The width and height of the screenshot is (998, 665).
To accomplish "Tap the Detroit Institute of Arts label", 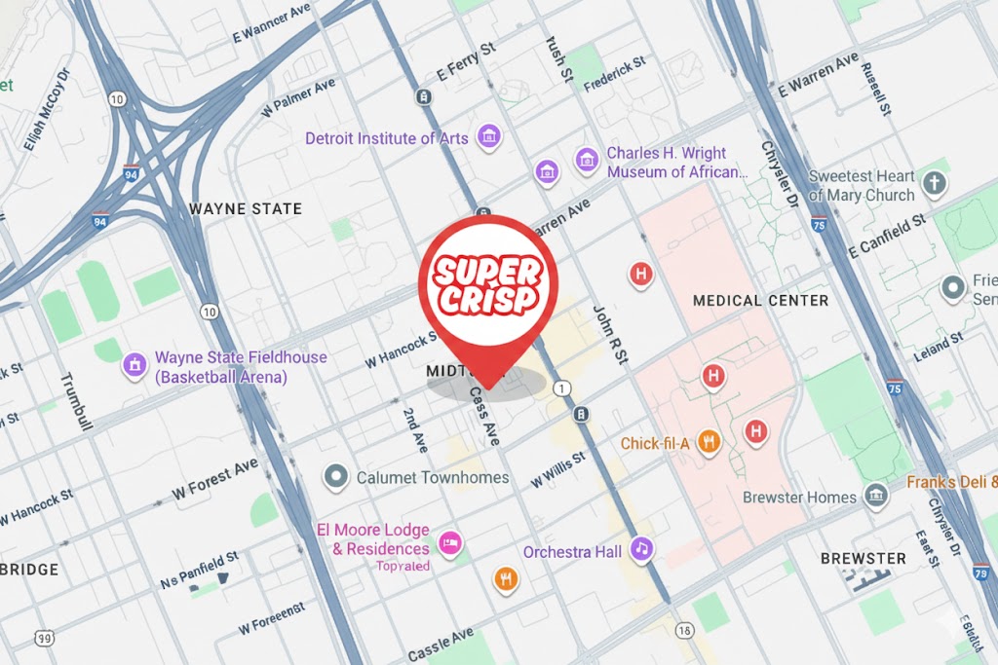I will [x=386, y=138].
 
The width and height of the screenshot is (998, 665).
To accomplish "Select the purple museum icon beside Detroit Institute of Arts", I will [x=487, y=138].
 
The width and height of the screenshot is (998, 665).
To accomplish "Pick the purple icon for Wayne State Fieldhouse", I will [x=134, y=366].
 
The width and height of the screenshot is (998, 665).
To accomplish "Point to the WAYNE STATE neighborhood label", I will [x=245, y=208].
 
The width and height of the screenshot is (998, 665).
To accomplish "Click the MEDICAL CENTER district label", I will [x=760, y=301].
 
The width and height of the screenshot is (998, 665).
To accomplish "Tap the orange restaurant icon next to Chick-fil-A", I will [x=710, y=443].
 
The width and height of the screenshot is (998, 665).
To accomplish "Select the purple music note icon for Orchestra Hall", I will [x=641, y=549].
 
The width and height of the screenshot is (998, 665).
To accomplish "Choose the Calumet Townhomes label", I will [x=433, y=477].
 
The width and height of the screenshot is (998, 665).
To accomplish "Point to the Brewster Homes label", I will [x=799, y=497].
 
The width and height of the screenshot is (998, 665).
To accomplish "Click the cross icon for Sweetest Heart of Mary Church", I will [x=935, y=183].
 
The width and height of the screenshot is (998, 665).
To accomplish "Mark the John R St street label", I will [x=611, y=336].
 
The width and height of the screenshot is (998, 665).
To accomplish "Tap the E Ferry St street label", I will [x=468, y=65].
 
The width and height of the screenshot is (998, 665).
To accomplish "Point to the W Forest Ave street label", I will [x=215, y=479].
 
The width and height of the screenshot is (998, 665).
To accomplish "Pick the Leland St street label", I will [x=939, y=347].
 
